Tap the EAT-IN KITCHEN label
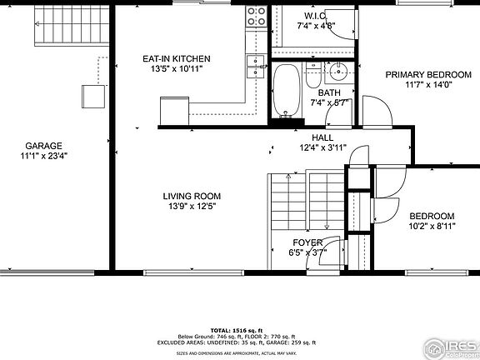pyautogui.click(x=176, y=58)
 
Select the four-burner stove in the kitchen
pyautogui.click(x=256, y=14)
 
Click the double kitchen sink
pyautogui.click(x=255, y=65)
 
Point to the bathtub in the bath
pyautogui.click(x=287, y=91)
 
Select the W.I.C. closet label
pyautogui.click(x=316, y=16)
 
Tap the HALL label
pyautogui.click(x=322, y=137)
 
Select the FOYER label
pyautogui.click(x=307, y=242)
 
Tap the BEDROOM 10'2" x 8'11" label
pyautogui.click(x=431, y=215)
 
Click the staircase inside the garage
pyautogui.click(x=55, y=27)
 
